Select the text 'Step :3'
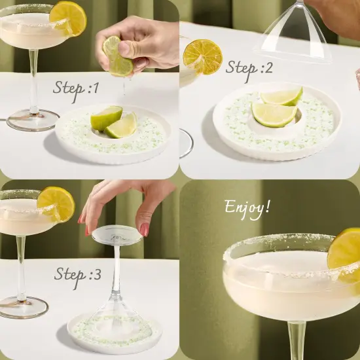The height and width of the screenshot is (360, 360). click(x=78, y=274)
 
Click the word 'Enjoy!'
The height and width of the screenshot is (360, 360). click(x=247, y=208)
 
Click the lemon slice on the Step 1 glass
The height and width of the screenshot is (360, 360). click(x=68, y=18)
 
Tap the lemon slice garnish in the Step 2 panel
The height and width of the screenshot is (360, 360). click(x=202, y=57)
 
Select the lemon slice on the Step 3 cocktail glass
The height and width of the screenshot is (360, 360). click(x=56, y=204)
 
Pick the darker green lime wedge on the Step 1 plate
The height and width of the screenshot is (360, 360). click(x=105, y=118)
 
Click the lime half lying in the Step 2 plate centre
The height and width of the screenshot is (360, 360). click(x=274, y=115)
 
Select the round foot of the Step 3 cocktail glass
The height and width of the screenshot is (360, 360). click(x=24, y=306)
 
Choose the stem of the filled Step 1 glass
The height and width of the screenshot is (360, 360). click(x=33, y=79)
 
